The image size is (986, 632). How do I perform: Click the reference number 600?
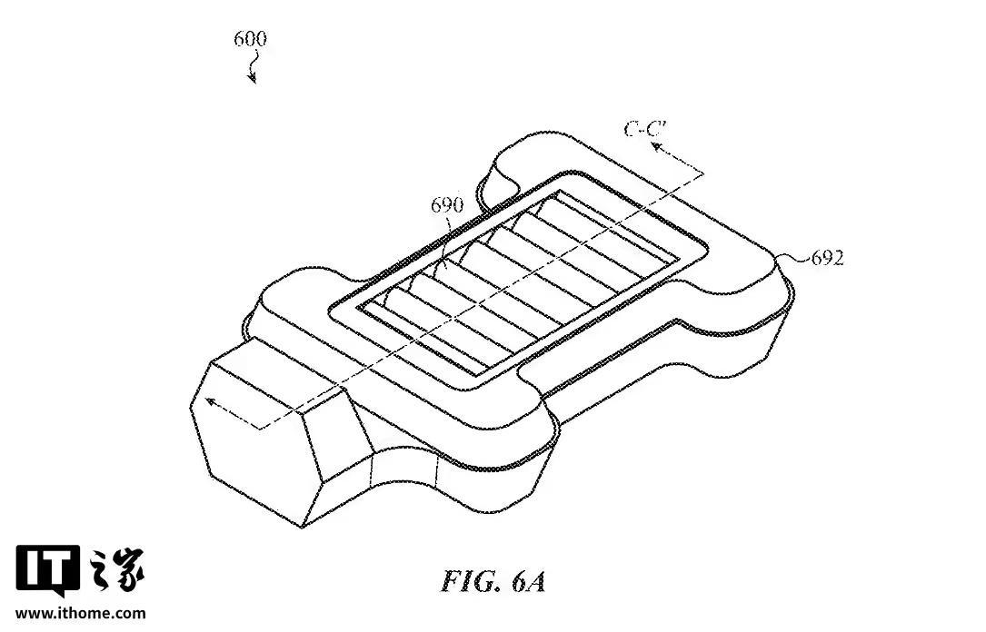tap(250, 39)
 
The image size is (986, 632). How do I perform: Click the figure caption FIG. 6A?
tap(493, 581)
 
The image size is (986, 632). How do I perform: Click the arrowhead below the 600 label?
tap(254, 79)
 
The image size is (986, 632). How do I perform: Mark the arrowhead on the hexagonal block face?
tap(211, 405)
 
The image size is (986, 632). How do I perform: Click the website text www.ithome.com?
tap(80, 614)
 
